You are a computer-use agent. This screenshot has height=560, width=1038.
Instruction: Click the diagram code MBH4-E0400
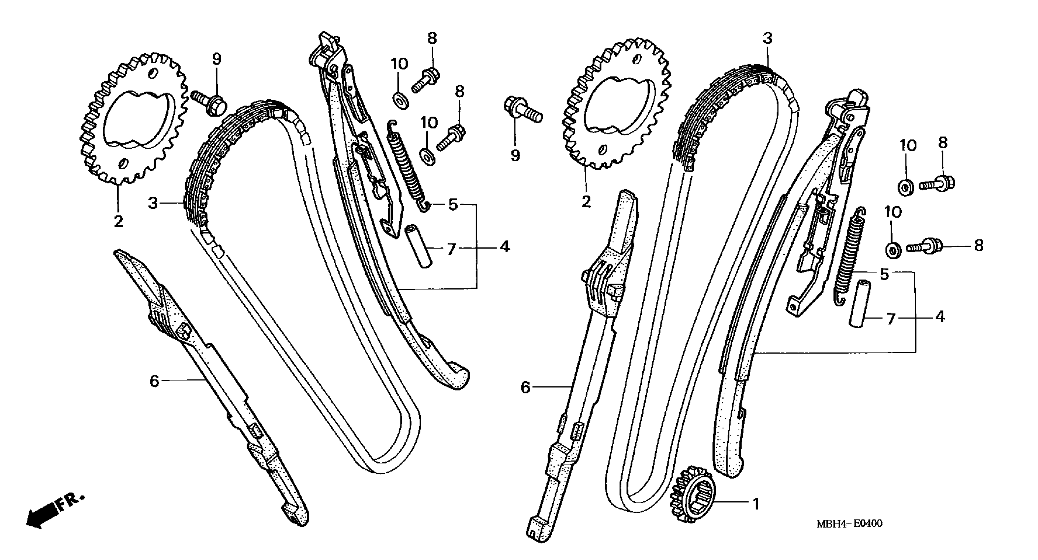tap(849, 523)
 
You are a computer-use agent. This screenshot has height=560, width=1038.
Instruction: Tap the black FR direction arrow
tap(40, 517)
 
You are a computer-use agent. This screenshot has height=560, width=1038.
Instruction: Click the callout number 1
tap(756, 504)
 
